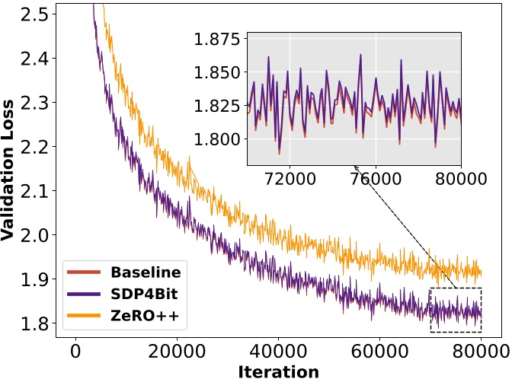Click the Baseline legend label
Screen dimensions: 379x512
146,272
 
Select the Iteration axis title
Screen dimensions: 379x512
278,371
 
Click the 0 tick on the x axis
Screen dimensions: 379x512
75,351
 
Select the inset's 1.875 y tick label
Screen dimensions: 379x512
216,40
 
